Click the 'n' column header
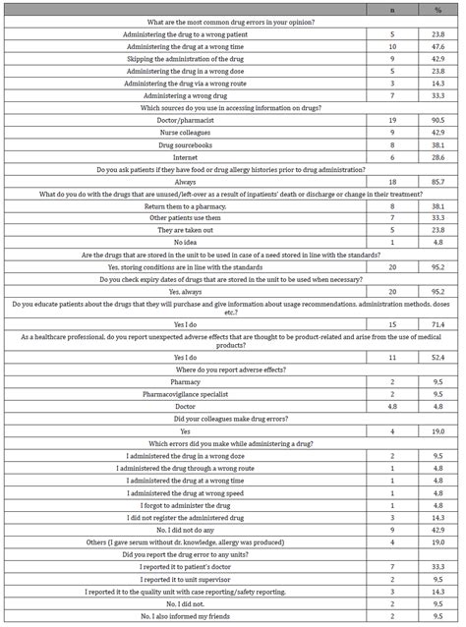[379, 8]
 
